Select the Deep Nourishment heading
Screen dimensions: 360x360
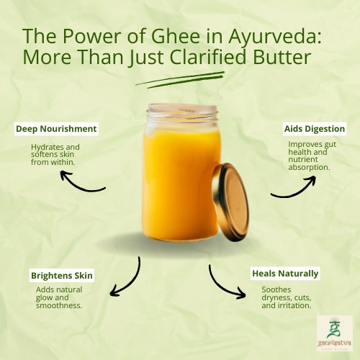click(x=57, y=130)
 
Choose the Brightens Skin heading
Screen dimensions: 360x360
click(x=62, y=276)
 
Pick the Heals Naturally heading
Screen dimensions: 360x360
click(x=285, y=274)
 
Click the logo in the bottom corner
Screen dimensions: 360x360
click(x=334, y=334)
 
